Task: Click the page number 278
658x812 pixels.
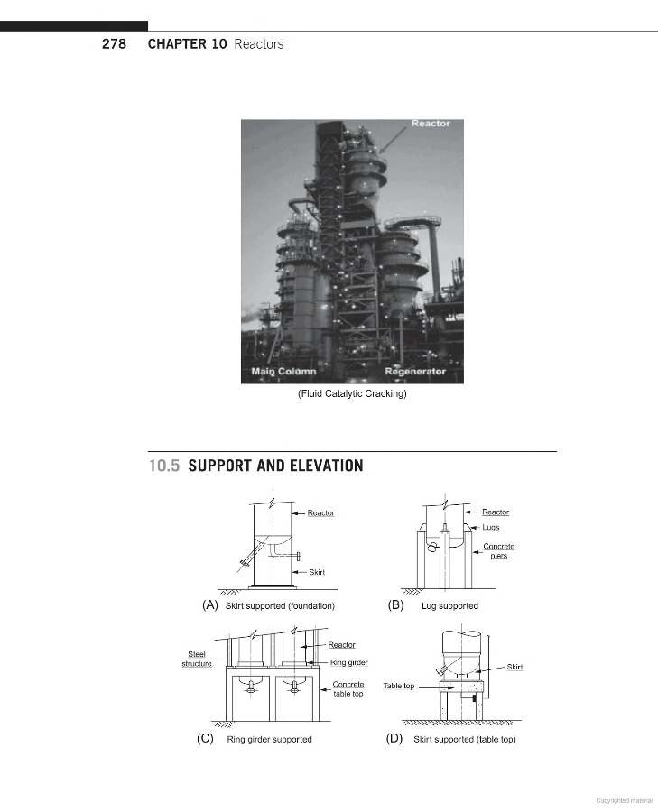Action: [x=113, y=44]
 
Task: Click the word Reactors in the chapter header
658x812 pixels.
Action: [x=258, y=44]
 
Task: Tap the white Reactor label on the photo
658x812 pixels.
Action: [x=431, y=124]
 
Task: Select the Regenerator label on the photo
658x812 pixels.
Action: [x=414, y=372]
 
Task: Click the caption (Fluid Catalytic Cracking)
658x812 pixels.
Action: [x=352, y=393]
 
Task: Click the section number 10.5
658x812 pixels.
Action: [x=165, y=466]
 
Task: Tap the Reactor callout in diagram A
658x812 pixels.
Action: [x=320, y=513]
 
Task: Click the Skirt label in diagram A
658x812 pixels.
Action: [x=317, y=572]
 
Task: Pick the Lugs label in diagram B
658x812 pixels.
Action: [x=490, y=528]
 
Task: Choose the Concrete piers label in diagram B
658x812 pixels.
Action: [x=499, y=551]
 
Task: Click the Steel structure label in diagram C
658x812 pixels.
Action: [x=197, y=659]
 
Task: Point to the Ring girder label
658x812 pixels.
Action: [x=348, y=663]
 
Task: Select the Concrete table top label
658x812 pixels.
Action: [x=348, y=689]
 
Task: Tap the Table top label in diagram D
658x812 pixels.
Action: [x=399, y=686]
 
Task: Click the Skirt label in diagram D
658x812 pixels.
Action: [x=514, y=667]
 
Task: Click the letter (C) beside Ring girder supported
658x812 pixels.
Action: [x=205, y=739]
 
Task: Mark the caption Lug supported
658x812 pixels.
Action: [x=449, y=605]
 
